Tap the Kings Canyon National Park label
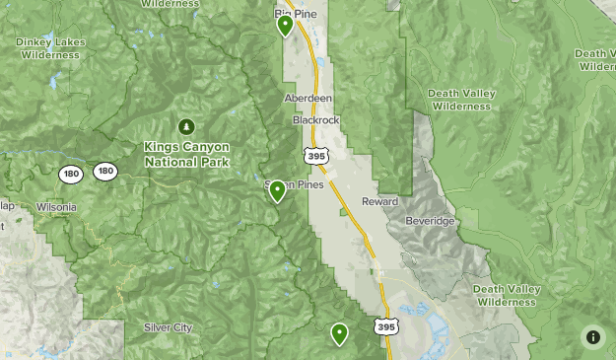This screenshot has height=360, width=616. click(186, 153)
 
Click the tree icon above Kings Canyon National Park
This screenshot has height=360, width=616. click(186, 126)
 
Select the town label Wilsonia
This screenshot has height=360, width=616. click(55, 208)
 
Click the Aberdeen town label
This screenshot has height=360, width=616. click(308, 100)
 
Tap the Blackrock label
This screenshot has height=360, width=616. click(315, 120)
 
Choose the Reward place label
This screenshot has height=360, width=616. click(379, 201)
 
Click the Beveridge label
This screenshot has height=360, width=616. click(432, 221)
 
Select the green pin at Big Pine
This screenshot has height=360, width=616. click(285, 25)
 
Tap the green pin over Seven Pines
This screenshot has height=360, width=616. click(277, 190)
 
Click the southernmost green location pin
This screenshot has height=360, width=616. click(340, 333)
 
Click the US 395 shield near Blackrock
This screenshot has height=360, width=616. click(314, 156)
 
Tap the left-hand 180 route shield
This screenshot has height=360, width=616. click(70, 174)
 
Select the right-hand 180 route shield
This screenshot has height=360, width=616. click(104, 172)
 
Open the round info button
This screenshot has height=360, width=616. click(592, 336)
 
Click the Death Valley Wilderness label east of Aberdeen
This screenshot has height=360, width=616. click(460, 100)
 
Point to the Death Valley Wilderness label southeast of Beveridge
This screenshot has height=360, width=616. click(507, 295)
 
